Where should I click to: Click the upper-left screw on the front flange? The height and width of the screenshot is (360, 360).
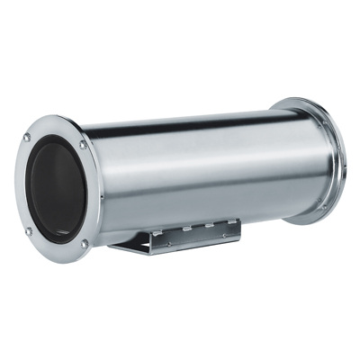tap(26, 137)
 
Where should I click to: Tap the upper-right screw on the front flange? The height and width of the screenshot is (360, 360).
tap(83, 144)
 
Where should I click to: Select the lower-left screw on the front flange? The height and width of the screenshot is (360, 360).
tap(28, 230)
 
